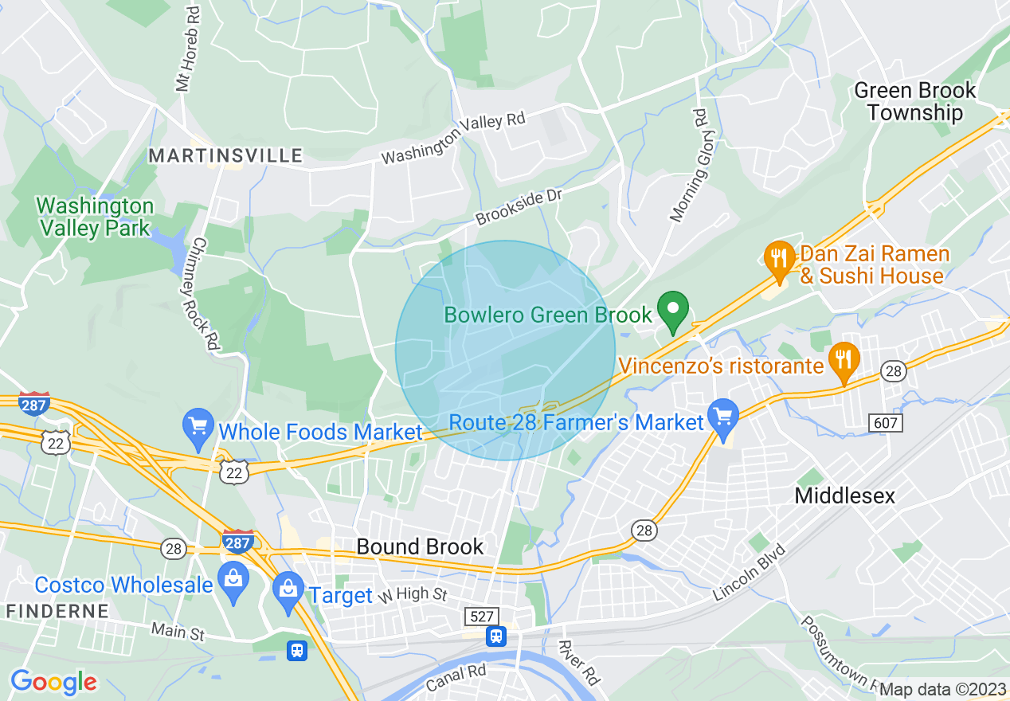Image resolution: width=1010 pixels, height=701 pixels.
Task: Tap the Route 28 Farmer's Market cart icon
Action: pos(722,417)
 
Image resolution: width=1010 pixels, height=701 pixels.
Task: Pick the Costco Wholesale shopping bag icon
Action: pos(233,581)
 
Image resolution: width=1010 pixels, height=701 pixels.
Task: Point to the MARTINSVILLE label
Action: pos(226,155)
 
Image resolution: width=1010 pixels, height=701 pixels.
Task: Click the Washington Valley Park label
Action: pos(94,217)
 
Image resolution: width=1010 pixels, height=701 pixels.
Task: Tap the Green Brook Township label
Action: pos(914,101)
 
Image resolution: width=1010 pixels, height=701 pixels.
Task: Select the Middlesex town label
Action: pos(844,495)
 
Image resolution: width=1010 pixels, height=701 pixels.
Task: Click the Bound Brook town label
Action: pos(420,546)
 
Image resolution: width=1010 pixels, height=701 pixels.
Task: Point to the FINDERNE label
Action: pos(57,612)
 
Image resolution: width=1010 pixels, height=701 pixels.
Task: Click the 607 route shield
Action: pos(886,423)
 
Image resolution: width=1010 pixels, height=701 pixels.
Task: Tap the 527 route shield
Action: pos(482,616)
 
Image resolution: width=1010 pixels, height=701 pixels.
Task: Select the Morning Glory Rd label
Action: pos(689,165)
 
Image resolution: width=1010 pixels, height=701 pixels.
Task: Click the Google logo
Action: pos(53,682)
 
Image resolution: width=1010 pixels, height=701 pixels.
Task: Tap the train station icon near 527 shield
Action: pos(496,636)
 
